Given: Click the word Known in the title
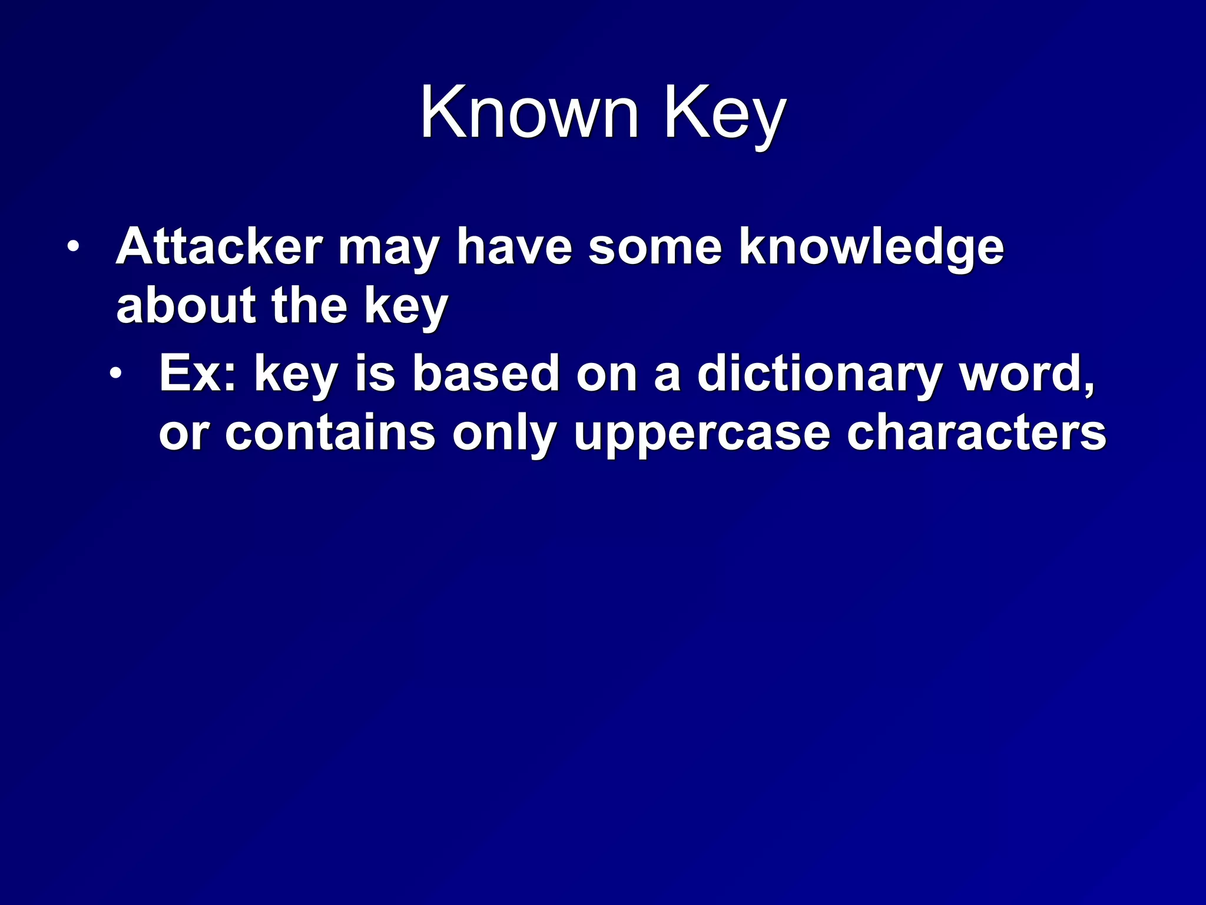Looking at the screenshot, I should point(529,111).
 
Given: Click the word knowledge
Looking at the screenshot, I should point(872,247).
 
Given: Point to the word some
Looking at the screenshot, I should point(655,247).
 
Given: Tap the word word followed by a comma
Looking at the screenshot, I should point(1028,374).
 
